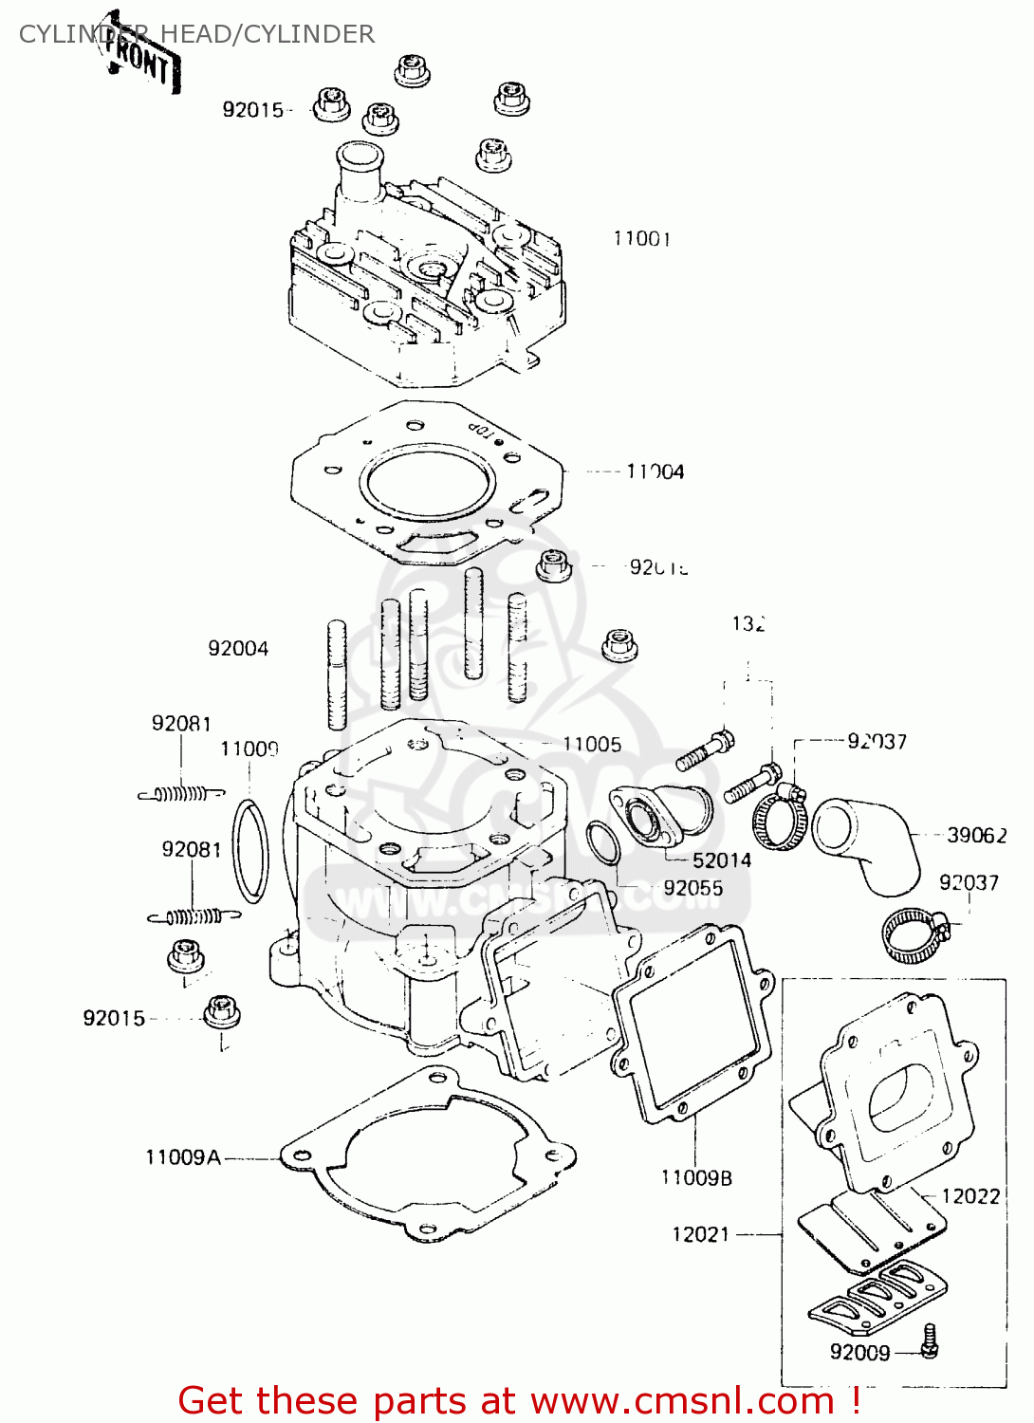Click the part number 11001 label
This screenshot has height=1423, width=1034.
pos(641,239)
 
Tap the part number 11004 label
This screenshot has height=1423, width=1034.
pos(655,471)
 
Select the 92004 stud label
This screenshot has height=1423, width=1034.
pos(238,649)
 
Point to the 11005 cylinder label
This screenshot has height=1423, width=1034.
pos(592,745)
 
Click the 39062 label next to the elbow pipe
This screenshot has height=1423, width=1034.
pos(976,836)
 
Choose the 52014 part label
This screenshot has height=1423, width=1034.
pos(721,860)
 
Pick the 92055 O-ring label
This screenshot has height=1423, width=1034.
pos(692,889)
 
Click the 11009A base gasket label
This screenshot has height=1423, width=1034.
pos(182,1157)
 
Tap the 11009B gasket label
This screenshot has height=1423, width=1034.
pos(696,1178)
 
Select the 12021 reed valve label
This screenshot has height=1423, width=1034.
pos(700,1234)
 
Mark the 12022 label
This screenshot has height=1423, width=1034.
pos(970,1196)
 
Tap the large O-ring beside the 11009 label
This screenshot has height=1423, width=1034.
pos(250,851)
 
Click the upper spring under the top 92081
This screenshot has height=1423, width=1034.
pos(182,794)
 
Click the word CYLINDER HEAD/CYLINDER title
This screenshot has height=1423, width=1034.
pos(196,34)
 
